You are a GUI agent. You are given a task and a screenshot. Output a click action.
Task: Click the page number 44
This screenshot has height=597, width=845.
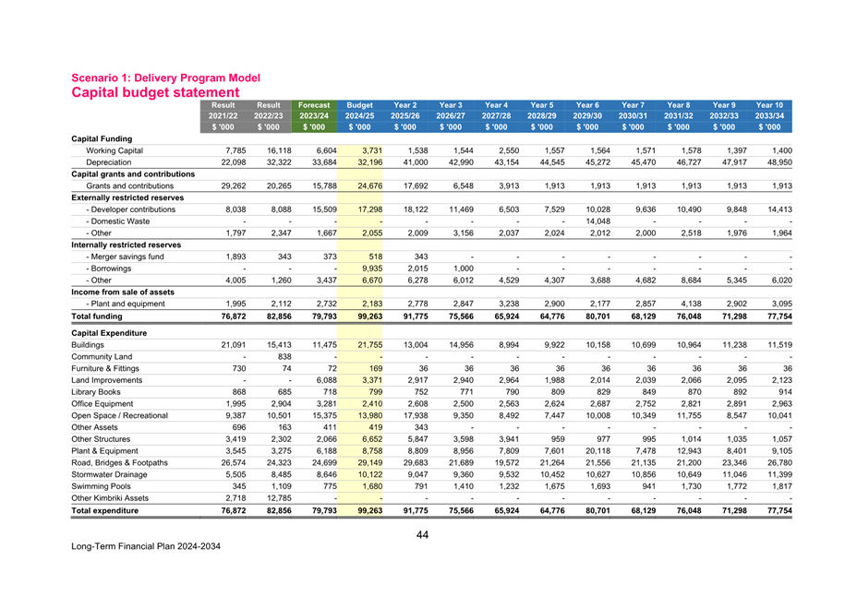tap(422, 534)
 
